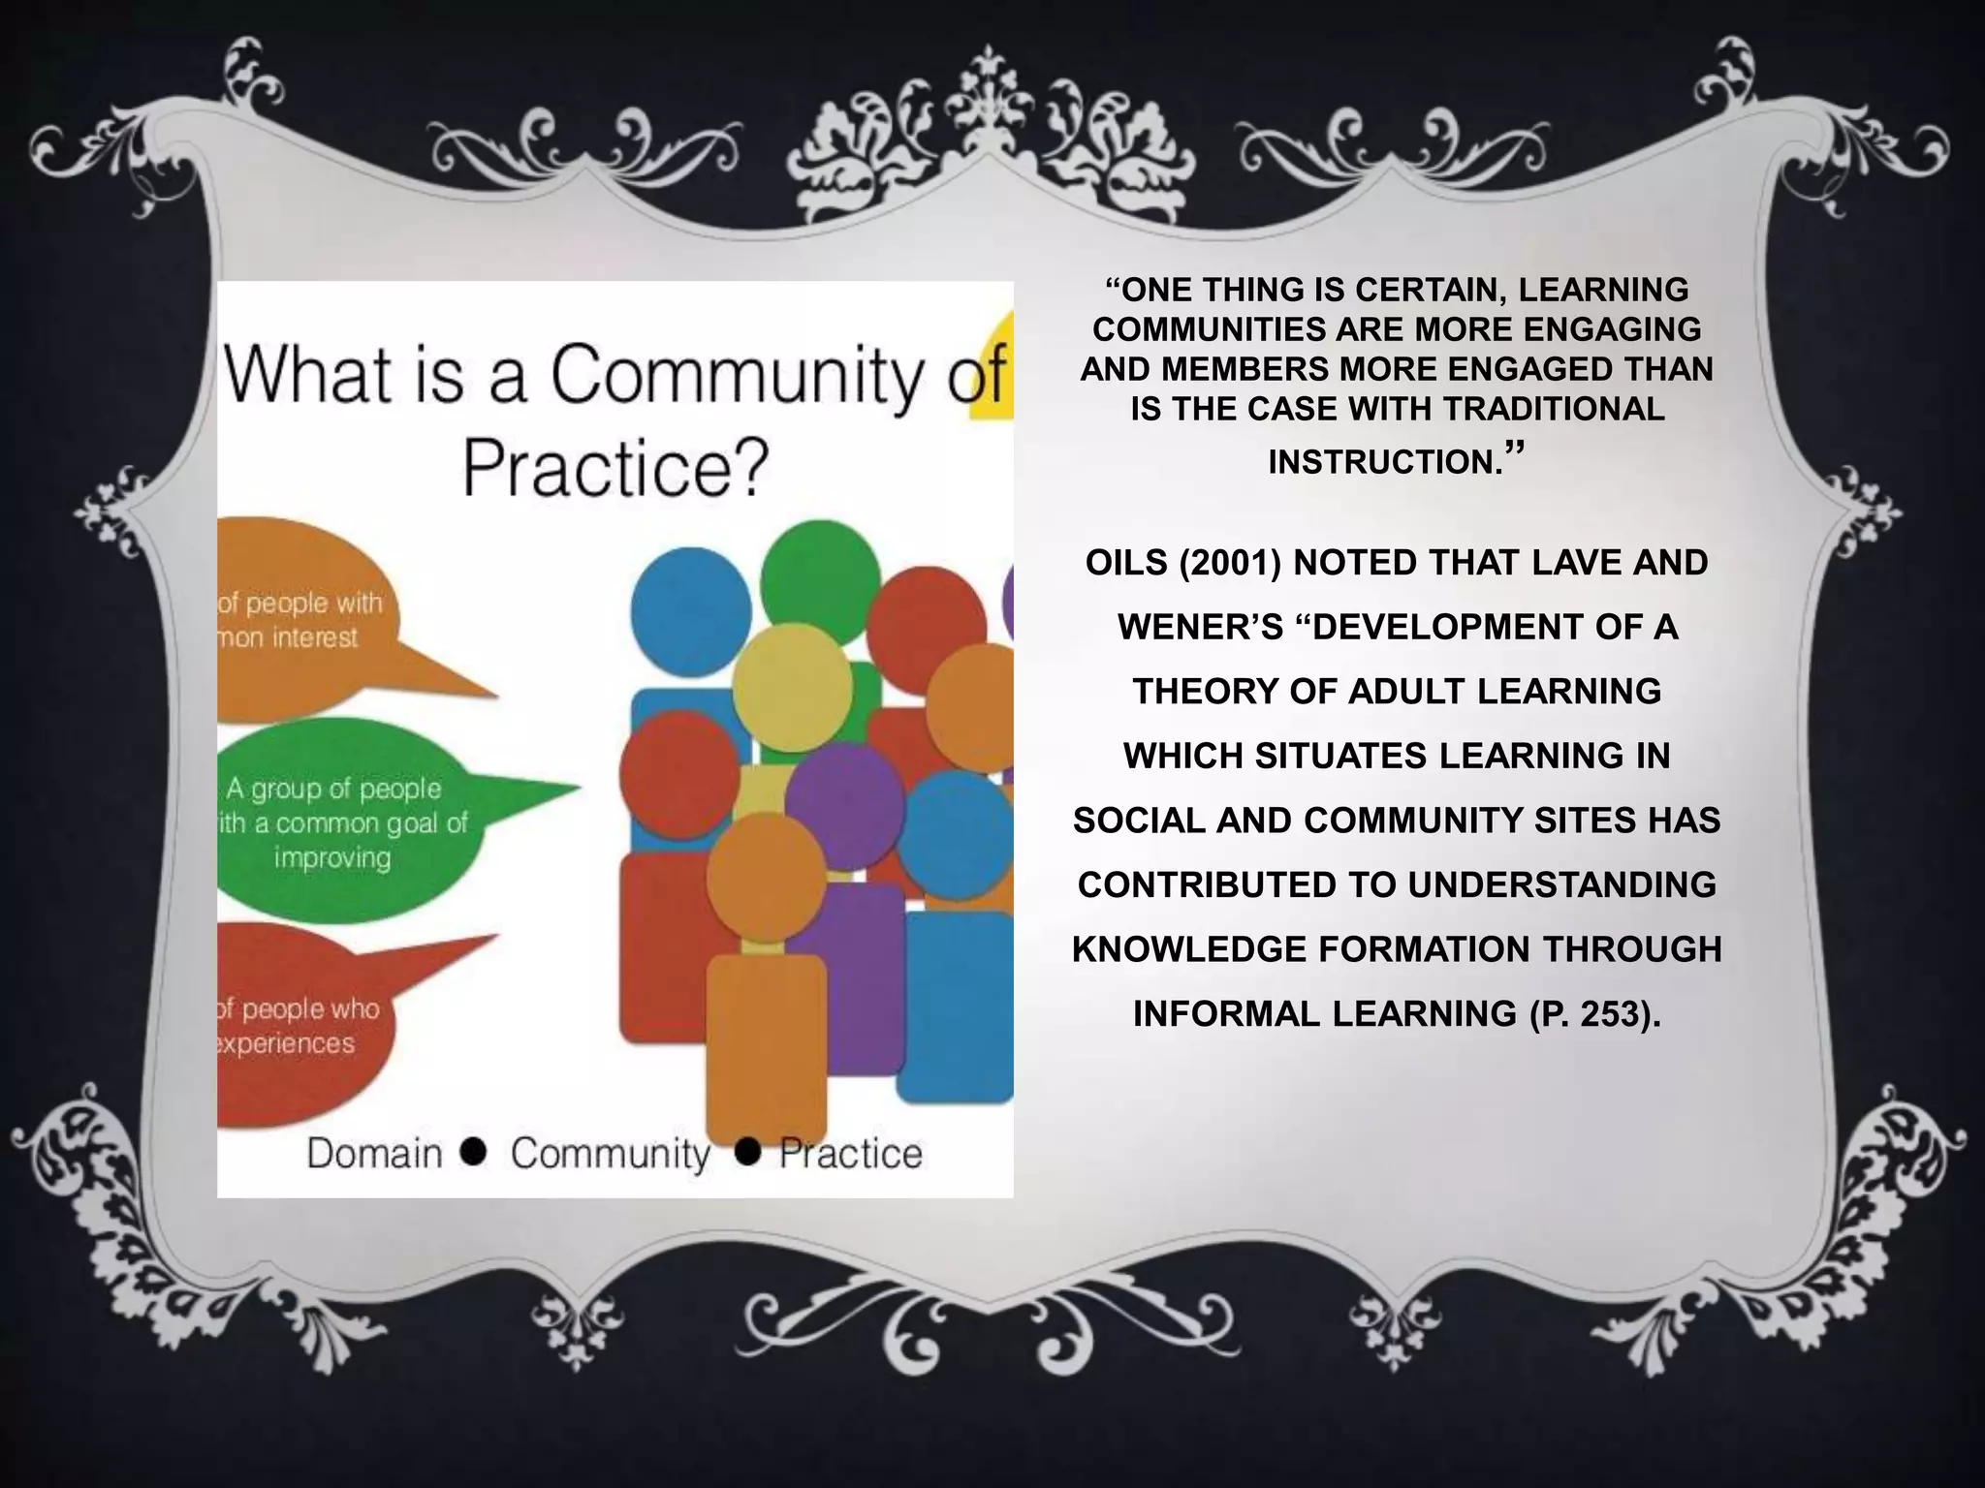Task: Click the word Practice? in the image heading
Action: pos(614,467)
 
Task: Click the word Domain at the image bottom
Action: pos(374,1154)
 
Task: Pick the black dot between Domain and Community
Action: pos(474,1151)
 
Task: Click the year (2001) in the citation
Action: pos(1230,563)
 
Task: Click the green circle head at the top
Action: pos(819,578)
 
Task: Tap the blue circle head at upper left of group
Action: pos(691,610)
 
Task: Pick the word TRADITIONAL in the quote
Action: pos(1553,409)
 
